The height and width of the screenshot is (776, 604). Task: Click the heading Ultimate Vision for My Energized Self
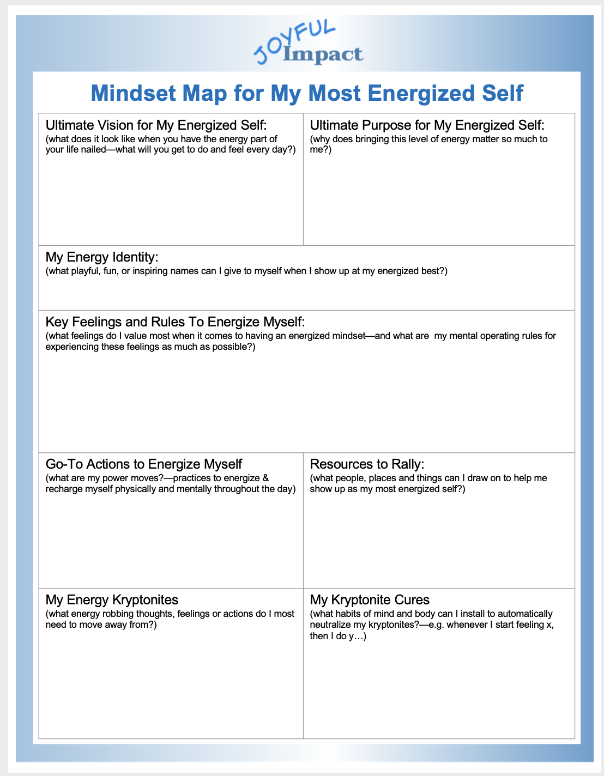coord(156,125)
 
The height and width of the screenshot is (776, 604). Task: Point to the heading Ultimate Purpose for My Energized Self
coord(427,125)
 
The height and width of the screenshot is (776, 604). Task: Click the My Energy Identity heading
coord(102,257)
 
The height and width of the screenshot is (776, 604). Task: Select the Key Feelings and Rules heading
coord(175,322)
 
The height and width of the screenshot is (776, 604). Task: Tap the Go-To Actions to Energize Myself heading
coord(144,464)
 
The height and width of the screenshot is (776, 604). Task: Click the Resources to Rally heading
coord(367,464)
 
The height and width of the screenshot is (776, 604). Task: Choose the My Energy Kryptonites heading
coord(112,599)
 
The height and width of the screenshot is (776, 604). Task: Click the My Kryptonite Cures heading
coord(370,599)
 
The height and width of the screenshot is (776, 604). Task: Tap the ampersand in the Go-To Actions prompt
coord(265,478)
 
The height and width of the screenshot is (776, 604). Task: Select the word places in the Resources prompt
coord(382,478)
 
